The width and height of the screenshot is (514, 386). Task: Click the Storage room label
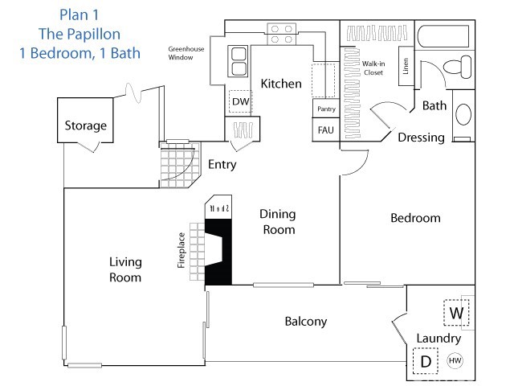[85, 125]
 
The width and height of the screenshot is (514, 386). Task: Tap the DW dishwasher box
[240, 102]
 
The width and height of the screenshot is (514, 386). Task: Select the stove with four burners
[280, 33]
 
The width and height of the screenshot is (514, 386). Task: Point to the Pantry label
[326, 109]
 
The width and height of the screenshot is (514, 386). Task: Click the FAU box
[326, 129]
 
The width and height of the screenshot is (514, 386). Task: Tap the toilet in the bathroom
[460, 69]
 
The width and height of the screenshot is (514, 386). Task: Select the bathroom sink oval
[464, 115]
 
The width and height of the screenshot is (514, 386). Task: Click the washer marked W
[456, 312]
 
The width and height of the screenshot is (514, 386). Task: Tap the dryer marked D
[426, 361]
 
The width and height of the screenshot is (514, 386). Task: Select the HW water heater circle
[455, 361]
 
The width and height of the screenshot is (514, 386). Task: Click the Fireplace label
[182, 249]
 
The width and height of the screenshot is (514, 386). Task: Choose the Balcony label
[306, 321]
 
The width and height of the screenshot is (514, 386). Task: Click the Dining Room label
[277, 222]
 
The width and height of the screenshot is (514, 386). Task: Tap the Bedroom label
[415, 218]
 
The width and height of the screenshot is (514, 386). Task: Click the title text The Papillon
[80, 34]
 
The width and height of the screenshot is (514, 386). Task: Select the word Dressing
[421, 138]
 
